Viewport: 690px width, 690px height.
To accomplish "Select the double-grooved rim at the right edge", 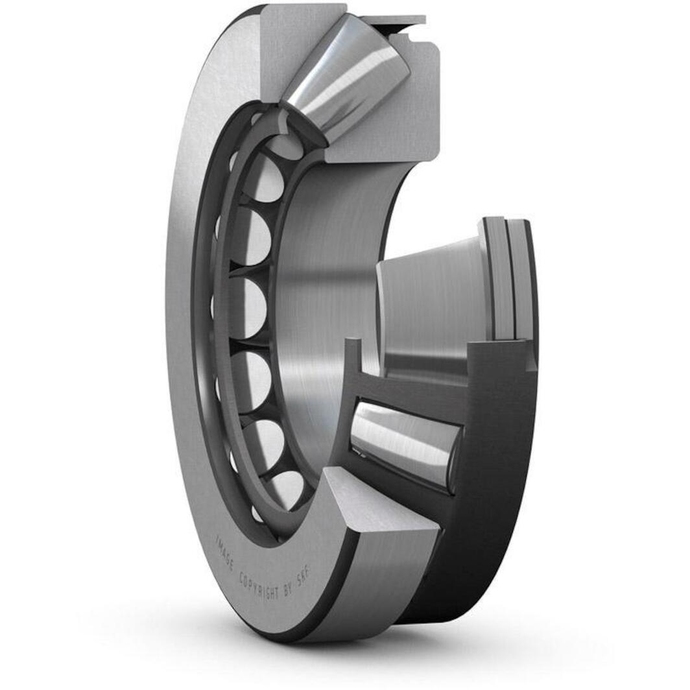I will [512, 279].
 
